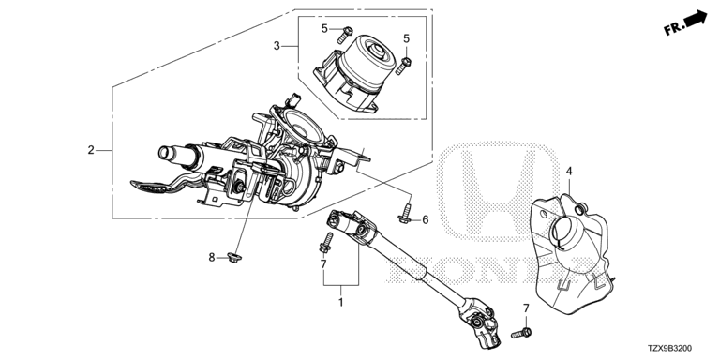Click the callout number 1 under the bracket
340,303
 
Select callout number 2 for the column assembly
91,150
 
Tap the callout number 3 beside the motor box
277,45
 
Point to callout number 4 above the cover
569,172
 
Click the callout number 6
426,220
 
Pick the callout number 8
212,257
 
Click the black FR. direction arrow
696,19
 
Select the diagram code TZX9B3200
669,349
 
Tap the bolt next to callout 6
406,214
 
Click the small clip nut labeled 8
235,258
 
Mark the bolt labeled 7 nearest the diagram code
521,333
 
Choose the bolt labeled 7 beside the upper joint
326,243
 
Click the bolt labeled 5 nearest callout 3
344,35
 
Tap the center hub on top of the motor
378,51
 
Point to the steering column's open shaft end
164,153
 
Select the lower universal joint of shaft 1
481,322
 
